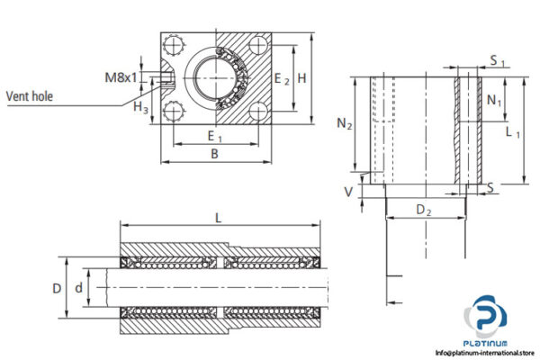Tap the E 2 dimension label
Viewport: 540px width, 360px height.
(283, 78)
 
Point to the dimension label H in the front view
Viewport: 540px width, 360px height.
(302, 78)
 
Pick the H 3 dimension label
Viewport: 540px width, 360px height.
(140, 108)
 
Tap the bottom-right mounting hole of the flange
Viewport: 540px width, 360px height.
(260, 112)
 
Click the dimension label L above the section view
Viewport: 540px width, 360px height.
(219, 217)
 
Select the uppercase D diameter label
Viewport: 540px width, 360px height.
(56, 288)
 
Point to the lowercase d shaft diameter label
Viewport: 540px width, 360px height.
(79, 288)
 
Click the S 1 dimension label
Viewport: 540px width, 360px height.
(497, 61)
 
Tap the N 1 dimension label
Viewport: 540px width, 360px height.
(495, 101)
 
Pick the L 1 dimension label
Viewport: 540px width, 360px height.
(514, 133)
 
